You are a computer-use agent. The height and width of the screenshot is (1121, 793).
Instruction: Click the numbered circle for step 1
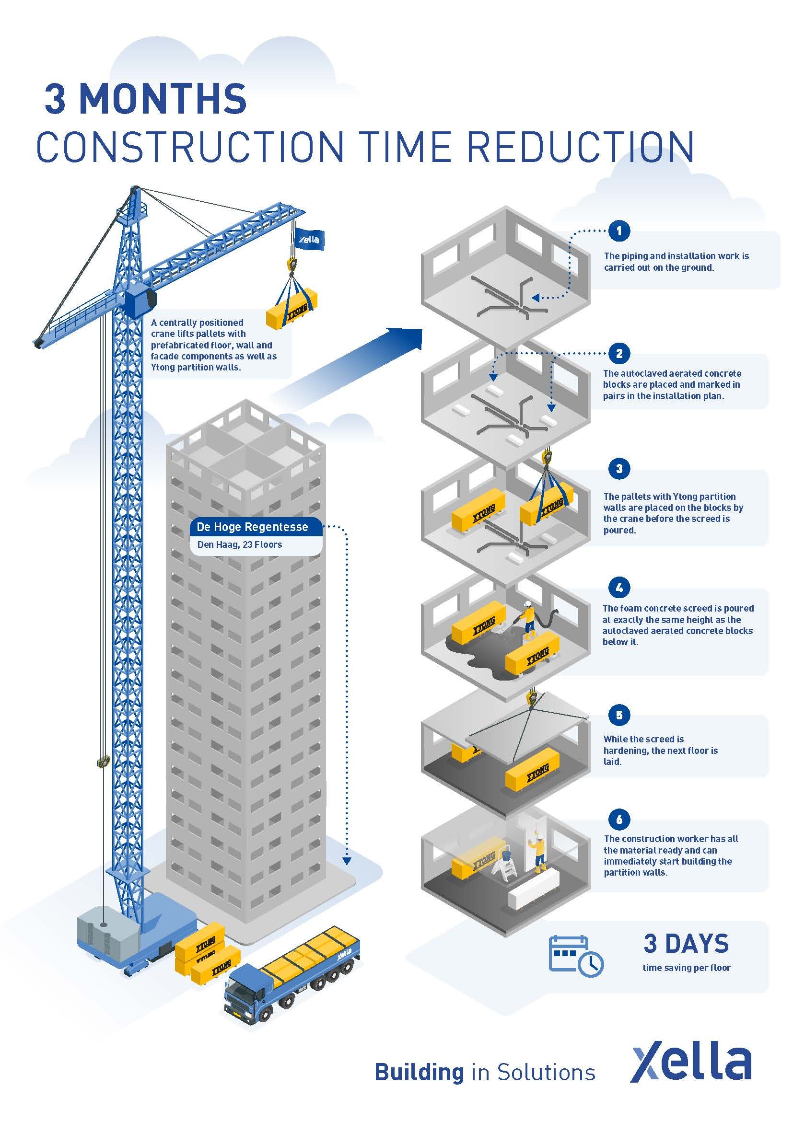619,231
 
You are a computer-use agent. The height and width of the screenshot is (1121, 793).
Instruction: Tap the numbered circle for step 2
619,353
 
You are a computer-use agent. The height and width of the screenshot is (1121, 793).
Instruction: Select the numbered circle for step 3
619,469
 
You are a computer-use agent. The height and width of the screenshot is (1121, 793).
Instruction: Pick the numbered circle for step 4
619,588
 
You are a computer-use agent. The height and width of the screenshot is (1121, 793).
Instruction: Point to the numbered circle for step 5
619,715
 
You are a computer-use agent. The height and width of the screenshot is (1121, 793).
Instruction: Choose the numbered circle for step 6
619,819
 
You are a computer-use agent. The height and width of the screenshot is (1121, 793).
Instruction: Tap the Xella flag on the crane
309,239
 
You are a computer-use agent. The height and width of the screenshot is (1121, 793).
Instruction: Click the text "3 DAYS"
686,943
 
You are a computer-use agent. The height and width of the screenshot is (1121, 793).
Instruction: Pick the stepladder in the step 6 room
504,870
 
